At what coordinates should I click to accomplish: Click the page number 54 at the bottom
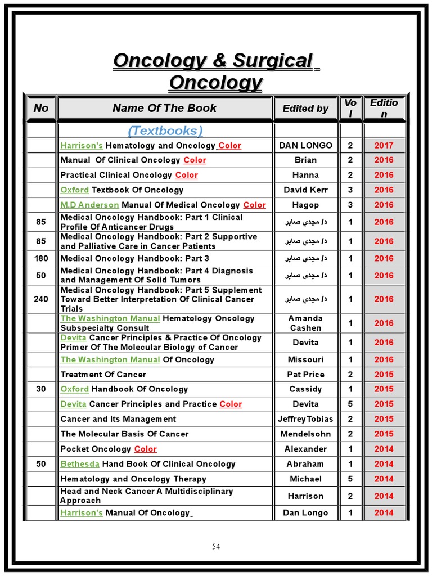(216, 547)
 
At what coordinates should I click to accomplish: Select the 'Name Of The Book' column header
(164, 108)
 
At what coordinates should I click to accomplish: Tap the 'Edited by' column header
(305, 109)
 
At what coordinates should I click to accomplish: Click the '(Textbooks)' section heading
(165, 131)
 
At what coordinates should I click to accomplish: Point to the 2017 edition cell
(384, 145)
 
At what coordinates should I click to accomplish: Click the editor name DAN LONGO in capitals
(305, 145)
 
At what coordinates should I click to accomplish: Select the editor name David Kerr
(305, 190)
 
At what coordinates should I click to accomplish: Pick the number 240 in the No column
(41, 299)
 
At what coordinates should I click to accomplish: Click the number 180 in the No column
(41, 258)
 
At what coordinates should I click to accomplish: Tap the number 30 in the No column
(41, 389)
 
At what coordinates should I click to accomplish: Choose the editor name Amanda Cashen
(305, 323)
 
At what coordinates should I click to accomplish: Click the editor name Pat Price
(305, 374)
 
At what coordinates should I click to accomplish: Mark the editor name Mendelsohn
(305, 434)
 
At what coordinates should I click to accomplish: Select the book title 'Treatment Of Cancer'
(103, 374)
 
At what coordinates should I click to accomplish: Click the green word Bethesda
(80, 464)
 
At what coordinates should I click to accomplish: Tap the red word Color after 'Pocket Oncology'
(145, 449)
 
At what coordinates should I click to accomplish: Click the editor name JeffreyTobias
(305, 419)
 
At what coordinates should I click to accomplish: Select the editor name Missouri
(305, 359)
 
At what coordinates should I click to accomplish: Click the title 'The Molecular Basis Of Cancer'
(124, 434)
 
